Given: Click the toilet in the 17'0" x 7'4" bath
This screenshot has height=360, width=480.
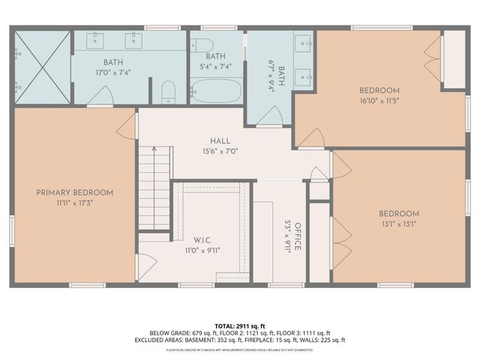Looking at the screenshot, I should coord(169,91).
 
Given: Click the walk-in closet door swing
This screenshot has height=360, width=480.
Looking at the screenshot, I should coord(146,267).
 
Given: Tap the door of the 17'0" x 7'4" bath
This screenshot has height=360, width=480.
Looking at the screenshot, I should coord(100,95).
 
